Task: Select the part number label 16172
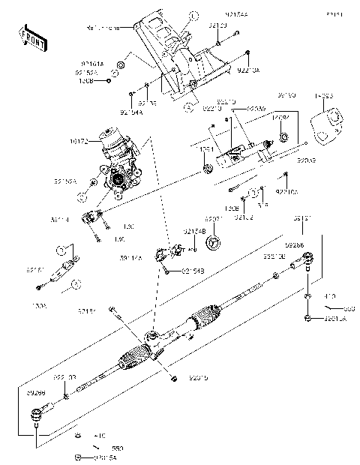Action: (x=79, y=139)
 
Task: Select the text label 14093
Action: (x=324, y=97)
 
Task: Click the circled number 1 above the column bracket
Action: (x=193, y=15)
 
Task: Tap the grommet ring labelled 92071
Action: (x=212, y=241)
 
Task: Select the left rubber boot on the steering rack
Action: (x=136, y=359)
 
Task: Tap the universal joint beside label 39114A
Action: (x=170, y=253)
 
